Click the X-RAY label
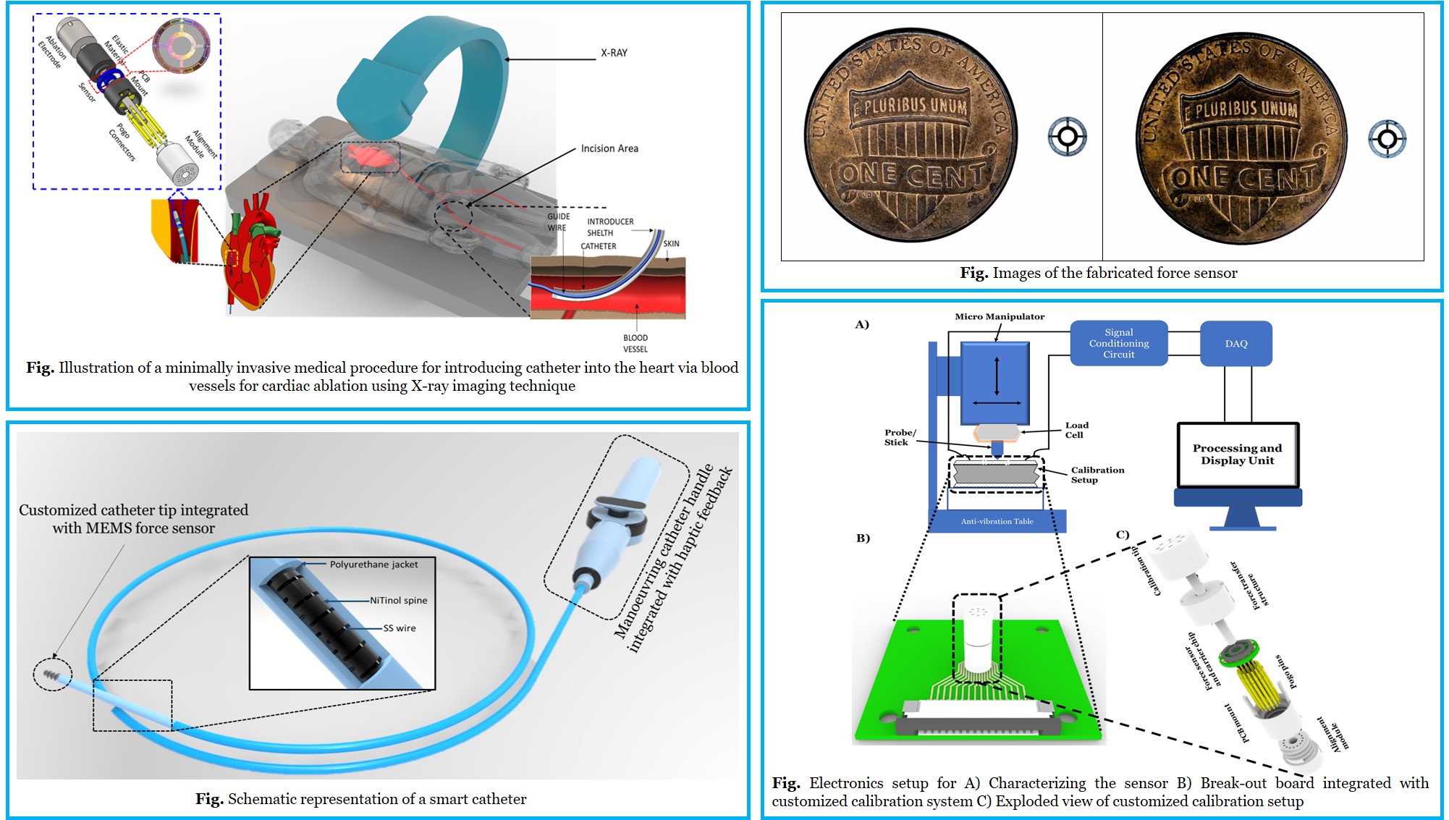tap(614, 53)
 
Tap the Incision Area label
tap(609, 148)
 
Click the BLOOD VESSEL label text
tap(635, 343)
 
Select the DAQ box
tap(1235, 344)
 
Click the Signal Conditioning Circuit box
tap(1118, 343)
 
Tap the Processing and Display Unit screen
tap(1237, 455)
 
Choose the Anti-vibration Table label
tap(997, 521)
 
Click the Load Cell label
tap(1076, 430)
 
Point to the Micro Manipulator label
tap(1000, 316)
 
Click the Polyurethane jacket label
tap(373, 565)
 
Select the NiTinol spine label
tap(398, 600)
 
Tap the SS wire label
tap(400, 628)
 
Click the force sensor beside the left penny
tap(1067, 136)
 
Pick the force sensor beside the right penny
tap(1387, 138)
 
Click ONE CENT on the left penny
tap(913, 175)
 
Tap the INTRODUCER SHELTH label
tap(609, 227)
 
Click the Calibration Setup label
tap(1097, 475)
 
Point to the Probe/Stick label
tap(900, 437)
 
